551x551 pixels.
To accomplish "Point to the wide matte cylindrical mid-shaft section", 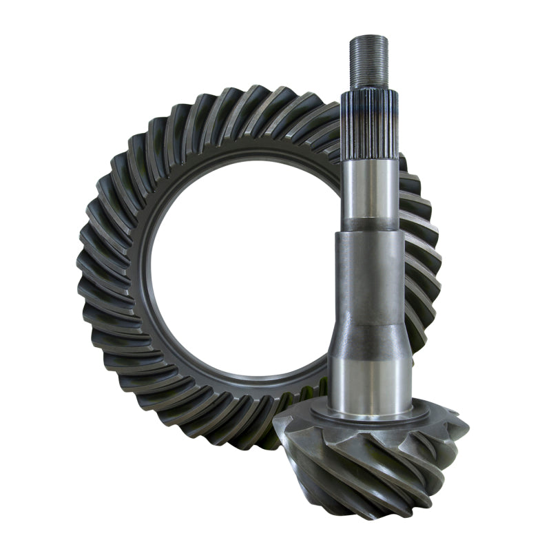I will [369, 275].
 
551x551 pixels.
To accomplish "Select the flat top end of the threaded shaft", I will [368, 36].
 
